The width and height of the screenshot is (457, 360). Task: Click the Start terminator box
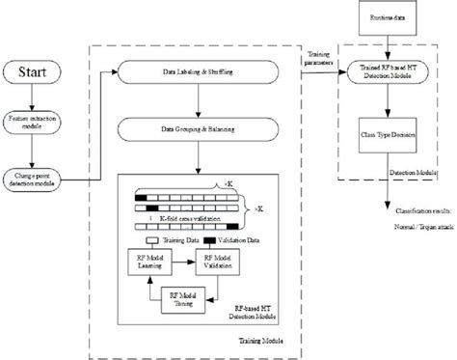(36, 71)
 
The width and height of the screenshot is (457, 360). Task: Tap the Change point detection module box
(36, 180)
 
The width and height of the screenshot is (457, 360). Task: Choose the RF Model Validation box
(219, 260)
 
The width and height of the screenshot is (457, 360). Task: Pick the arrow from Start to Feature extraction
(36, 97)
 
